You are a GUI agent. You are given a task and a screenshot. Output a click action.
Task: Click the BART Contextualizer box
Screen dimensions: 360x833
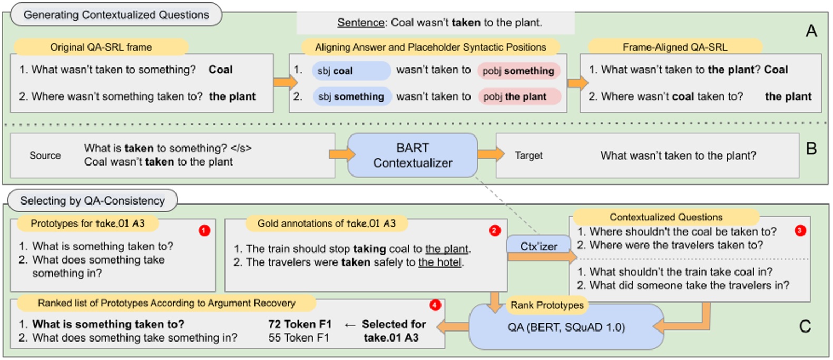[x=413, y=155]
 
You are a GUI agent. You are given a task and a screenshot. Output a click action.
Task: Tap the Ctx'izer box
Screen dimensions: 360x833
[x=538, y=246]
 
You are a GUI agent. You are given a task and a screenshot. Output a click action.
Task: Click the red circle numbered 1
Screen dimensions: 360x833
[x=204, y=230]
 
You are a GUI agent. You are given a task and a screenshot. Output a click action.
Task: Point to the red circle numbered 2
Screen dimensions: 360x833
[x=494, y=230]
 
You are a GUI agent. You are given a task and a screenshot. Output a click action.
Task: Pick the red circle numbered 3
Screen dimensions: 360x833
[x=800, y=230]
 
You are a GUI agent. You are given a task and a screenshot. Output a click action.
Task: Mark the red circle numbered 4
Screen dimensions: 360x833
[x=435, y=305]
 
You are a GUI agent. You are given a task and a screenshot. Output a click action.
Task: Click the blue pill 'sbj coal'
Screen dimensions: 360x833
[x=351, y=71]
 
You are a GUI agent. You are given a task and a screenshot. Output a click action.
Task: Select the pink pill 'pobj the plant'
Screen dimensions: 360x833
[x=519, y=96]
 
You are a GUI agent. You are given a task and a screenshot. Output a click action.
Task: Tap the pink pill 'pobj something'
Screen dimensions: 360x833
[x=518, y=71]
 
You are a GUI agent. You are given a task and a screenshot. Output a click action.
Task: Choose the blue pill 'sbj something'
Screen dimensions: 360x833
[x=351, y=96]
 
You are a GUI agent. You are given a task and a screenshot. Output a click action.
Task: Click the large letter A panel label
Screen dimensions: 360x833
[x=811, y=31]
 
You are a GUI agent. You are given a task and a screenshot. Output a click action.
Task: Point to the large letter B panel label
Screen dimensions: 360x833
[x=811, y=149]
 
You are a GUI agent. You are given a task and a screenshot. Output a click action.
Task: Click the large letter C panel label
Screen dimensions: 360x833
[x=805, y=327]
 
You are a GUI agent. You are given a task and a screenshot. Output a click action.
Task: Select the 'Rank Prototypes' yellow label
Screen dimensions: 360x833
[x=547, y=305]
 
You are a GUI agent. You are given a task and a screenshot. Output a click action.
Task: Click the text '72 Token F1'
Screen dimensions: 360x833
[x=300, y=324]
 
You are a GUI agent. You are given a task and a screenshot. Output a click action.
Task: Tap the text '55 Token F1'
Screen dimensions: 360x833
[x=299, y=338]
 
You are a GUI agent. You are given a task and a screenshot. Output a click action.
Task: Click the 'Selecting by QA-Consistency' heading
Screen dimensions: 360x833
[x=92, y=201]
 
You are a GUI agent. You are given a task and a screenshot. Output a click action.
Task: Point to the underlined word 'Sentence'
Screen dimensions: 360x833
[x=361, y=23]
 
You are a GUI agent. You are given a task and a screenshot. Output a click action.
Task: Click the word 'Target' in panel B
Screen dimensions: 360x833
[x=528, y=155]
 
